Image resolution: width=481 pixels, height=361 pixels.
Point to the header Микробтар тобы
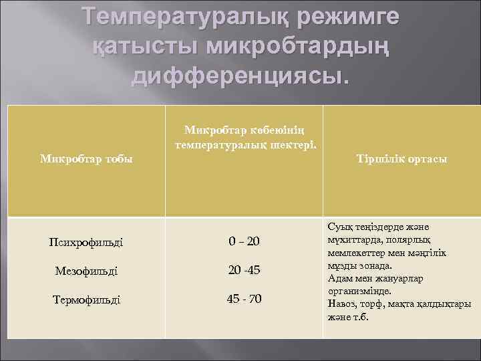pos(86,159)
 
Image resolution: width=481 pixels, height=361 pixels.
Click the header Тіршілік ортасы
pos(402,159)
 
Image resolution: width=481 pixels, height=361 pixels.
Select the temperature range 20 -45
pos(244,270)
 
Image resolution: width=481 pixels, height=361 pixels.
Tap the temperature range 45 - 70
pos(244,299)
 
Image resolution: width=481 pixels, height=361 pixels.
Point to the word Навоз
pos(341,304)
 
